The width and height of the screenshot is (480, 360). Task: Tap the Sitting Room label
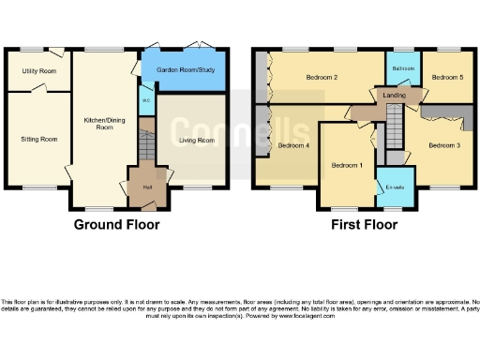(38, 139)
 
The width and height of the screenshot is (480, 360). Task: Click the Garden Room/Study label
(183, 69)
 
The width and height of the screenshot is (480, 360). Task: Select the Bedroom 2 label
(321, 78)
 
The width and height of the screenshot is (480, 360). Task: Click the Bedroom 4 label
(294, 146)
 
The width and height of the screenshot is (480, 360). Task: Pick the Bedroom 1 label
(346, 165)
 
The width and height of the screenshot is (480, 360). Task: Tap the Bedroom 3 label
(444, 145)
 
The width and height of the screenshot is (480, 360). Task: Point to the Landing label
(395, 94)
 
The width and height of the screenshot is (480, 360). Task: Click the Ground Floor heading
(116, 225)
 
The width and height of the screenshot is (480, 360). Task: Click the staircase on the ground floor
(145, 145)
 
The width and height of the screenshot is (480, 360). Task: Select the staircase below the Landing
(395, 127)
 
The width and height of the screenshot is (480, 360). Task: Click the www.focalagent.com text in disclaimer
(300, 316)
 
